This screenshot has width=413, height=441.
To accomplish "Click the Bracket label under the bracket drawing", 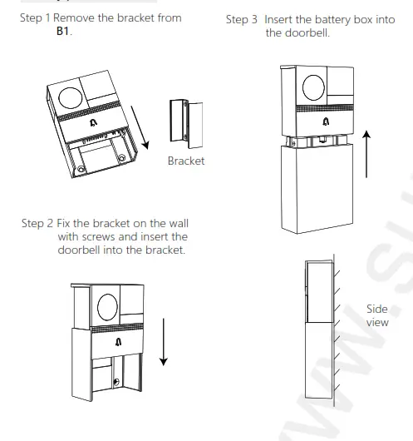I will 185,161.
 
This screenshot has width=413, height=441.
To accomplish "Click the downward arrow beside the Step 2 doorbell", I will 164,341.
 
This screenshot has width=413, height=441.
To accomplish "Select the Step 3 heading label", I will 242,20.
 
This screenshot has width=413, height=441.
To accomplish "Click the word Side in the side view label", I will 376,308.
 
